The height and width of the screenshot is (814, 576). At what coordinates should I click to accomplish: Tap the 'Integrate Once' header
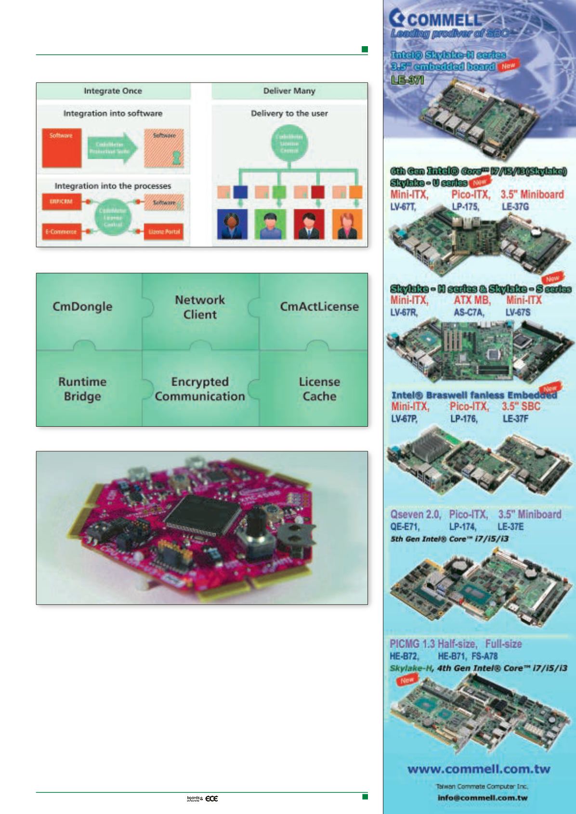(113, 91)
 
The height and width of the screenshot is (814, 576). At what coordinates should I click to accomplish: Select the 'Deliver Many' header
(289, 91)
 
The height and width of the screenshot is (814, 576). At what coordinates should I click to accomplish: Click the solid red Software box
(61, 148)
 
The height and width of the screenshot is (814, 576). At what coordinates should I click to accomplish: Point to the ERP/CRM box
(61, 202)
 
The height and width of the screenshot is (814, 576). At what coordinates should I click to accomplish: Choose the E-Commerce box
(61, 232)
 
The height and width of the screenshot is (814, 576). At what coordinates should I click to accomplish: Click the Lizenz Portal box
(164, 232)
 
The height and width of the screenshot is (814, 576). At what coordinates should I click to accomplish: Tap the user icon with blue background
(232, 224)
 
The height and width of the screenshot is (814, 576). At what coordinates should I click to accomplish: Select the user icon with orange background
(347, 224)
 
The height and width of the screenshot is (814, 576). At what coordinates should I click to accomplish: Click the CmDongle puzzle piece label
(82, 306)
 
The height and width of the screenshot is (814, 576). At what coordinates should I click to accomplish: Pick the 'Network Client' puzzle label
(200, 307)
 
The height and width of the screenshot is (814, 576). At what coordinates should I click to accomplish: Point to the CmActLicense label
(319, 306)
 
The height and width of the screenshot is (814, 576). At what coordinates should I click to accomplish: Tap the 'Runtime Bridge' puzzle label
(82, 389)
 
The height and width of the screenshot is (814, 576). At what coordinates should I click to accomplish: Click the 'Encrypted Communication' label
(200, 389)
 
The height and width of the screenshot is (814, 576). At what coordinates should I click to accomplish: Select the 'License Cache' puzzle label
(319, 389)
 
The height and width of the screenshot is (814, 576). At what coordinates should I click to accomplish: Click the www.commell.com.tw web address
(479, 769)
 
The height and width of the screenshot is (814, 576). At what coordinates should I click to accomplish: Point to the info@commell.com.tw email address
(482, 798)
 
